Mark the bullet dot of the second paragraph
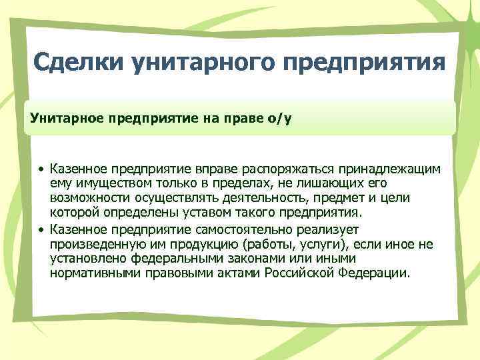tap(41, 229)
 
